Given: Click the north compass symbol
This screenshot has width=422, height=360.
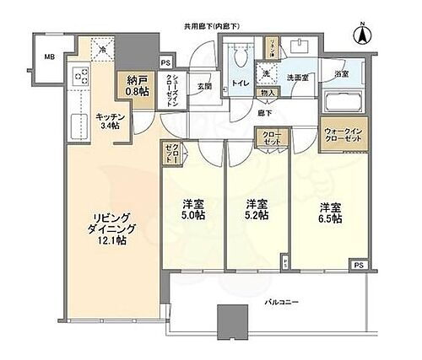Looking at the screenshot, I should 360,35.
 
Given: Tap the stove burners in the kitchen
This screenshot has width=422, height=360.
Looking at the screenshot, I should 84,77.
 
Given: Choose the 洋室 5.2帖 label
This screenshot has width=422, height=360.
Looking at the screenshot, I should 257,210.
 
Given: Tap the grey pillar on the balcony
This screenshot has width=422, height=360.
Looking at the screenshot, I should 232,320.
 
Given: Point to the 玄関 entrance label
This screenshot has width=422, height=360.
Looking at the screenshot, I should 204,84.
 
